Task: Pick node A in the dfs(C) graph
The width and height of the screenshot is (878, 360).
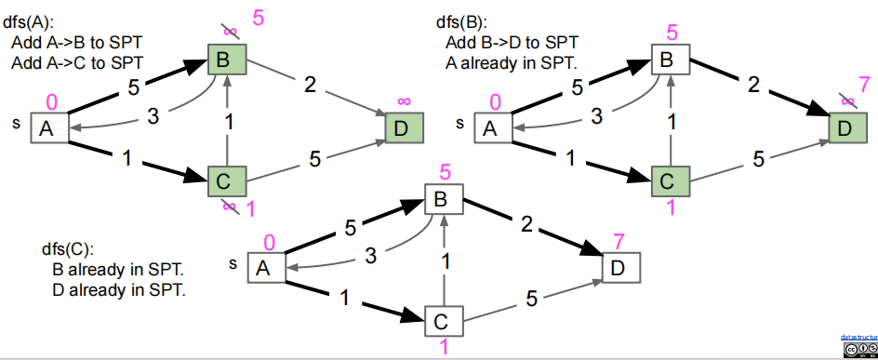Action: coord(263,269)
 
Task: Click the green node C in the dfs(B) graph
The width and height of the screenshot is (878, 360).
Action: coord(669,180)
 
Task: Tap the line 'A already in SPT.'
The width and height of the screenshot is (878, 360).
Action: coord(511,63)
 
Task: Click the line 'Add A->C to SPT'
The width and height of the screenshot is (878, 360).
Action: coord(77,63)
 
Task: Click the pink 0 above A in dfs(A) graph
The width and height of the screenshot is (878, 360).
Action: coord(51,100)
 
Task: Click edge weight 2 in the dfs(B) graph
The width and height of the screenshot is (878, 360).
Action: coord(754,85)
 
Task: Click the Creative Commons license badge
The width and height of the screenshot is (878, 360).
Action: coord(860,349)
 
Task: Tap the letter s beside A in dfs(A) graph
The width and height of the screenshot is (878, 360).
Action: coord(16,122)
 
